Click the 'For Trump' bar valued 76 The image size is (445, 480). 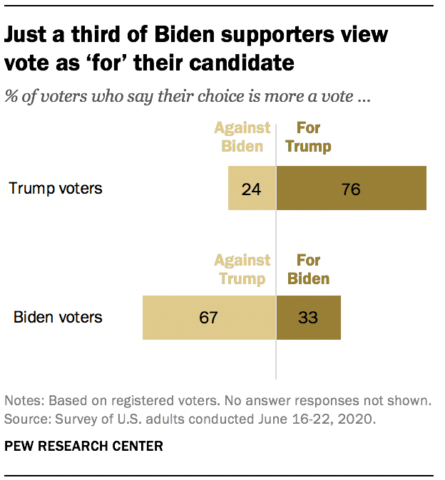(x=351, y=189)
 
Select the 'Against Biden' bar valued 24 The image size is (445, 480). (x=251, y=189)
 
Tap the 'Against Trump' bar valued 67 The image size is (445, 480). (x=208, y=317)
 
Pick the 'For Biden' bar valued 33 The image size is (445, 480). (x=308, y=317)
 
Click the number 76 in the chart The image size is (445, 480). (x=351, y=189)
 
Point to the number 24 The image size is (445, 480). (x=251, y=189)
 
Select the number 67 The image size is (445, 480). (x=208, y=318)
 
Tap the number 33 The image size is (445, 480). (x=308, y=318)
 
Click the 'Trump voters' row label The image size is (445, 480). (x=56, y=189)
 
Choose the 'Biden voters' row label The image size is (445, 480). (x=58, y=317)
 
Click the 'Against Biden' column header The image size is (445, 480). (x=242, y=137)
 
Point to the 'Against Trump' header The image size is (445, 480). (x=242, y=269)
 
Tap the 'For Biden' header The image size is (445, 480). (x=308, y=269)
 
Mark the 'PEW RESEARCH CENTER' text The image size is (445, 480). (x=84, y=447)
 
